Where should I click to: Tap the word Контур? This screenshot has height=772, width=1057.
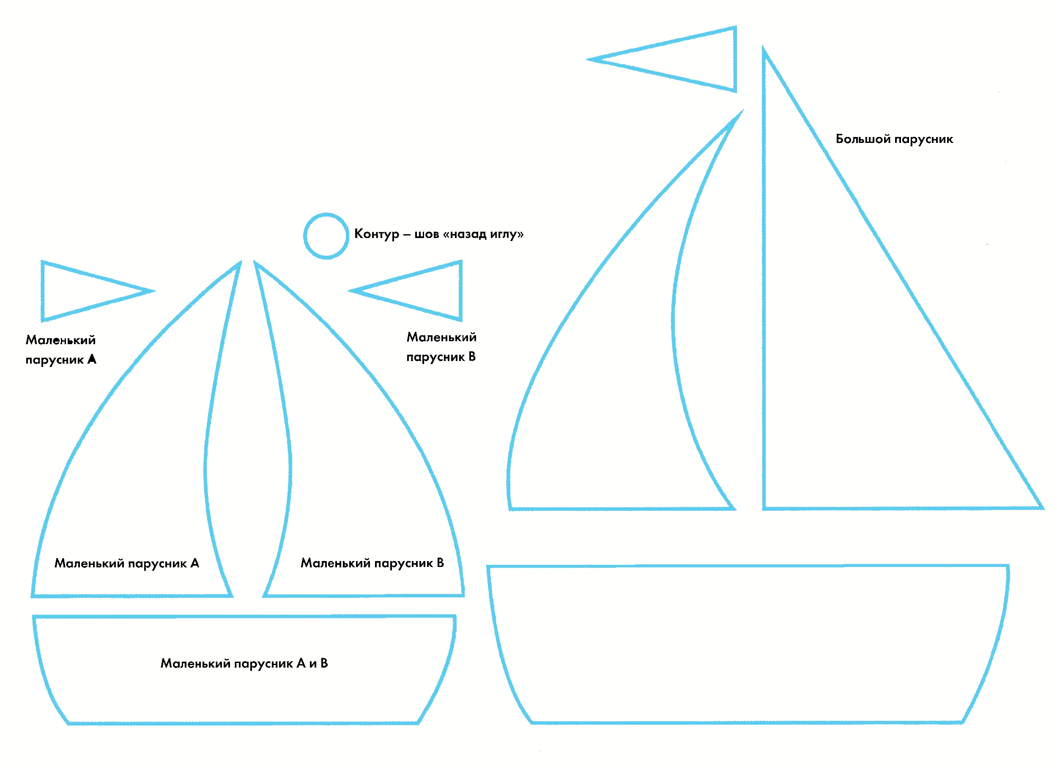[377, 234]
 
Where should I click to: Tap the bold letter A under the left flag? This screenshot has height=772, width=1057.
[92, 359]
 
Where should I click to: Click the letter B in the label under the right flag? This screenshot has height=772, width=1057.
[472, 356]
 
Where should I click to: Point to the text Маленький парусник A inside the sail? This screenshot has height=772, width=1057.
[127, 563]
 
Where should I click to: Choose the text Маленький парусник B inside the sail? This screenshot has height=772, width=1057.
[372, 563]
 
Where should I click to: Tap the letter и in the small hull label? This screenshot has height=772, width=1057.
[312, 664]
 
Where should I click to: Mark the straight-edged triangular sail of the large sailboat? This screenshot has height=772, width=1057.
[764, 280]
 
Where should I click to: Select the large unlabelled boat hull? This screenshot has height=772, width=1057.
[748, 566]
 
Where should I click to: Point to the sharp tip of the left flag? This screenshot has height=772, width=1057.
[155, 291]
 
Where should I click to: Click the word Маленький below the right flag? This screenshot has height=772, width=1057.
[441, 337]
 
